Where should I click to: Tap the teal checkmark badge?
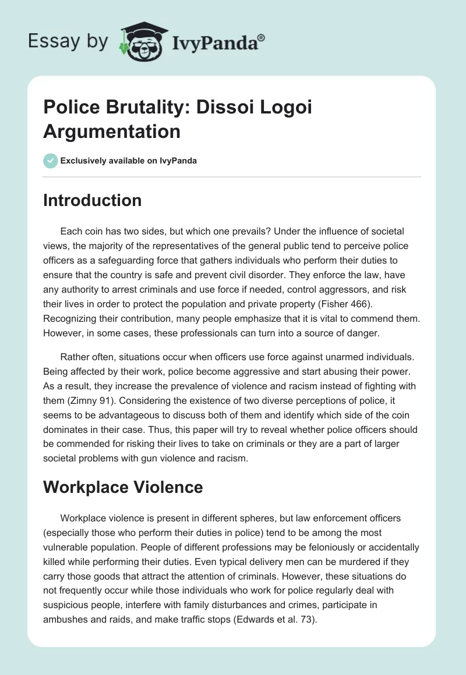click(50, 161)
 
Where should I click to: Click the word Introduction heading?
click(93, 200)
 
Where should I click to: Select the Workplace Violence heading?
click(123, 486)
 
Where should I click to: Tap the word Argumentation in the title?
click(112, 132)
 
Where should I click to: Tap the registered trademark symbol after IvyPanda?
click(261, 36)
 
